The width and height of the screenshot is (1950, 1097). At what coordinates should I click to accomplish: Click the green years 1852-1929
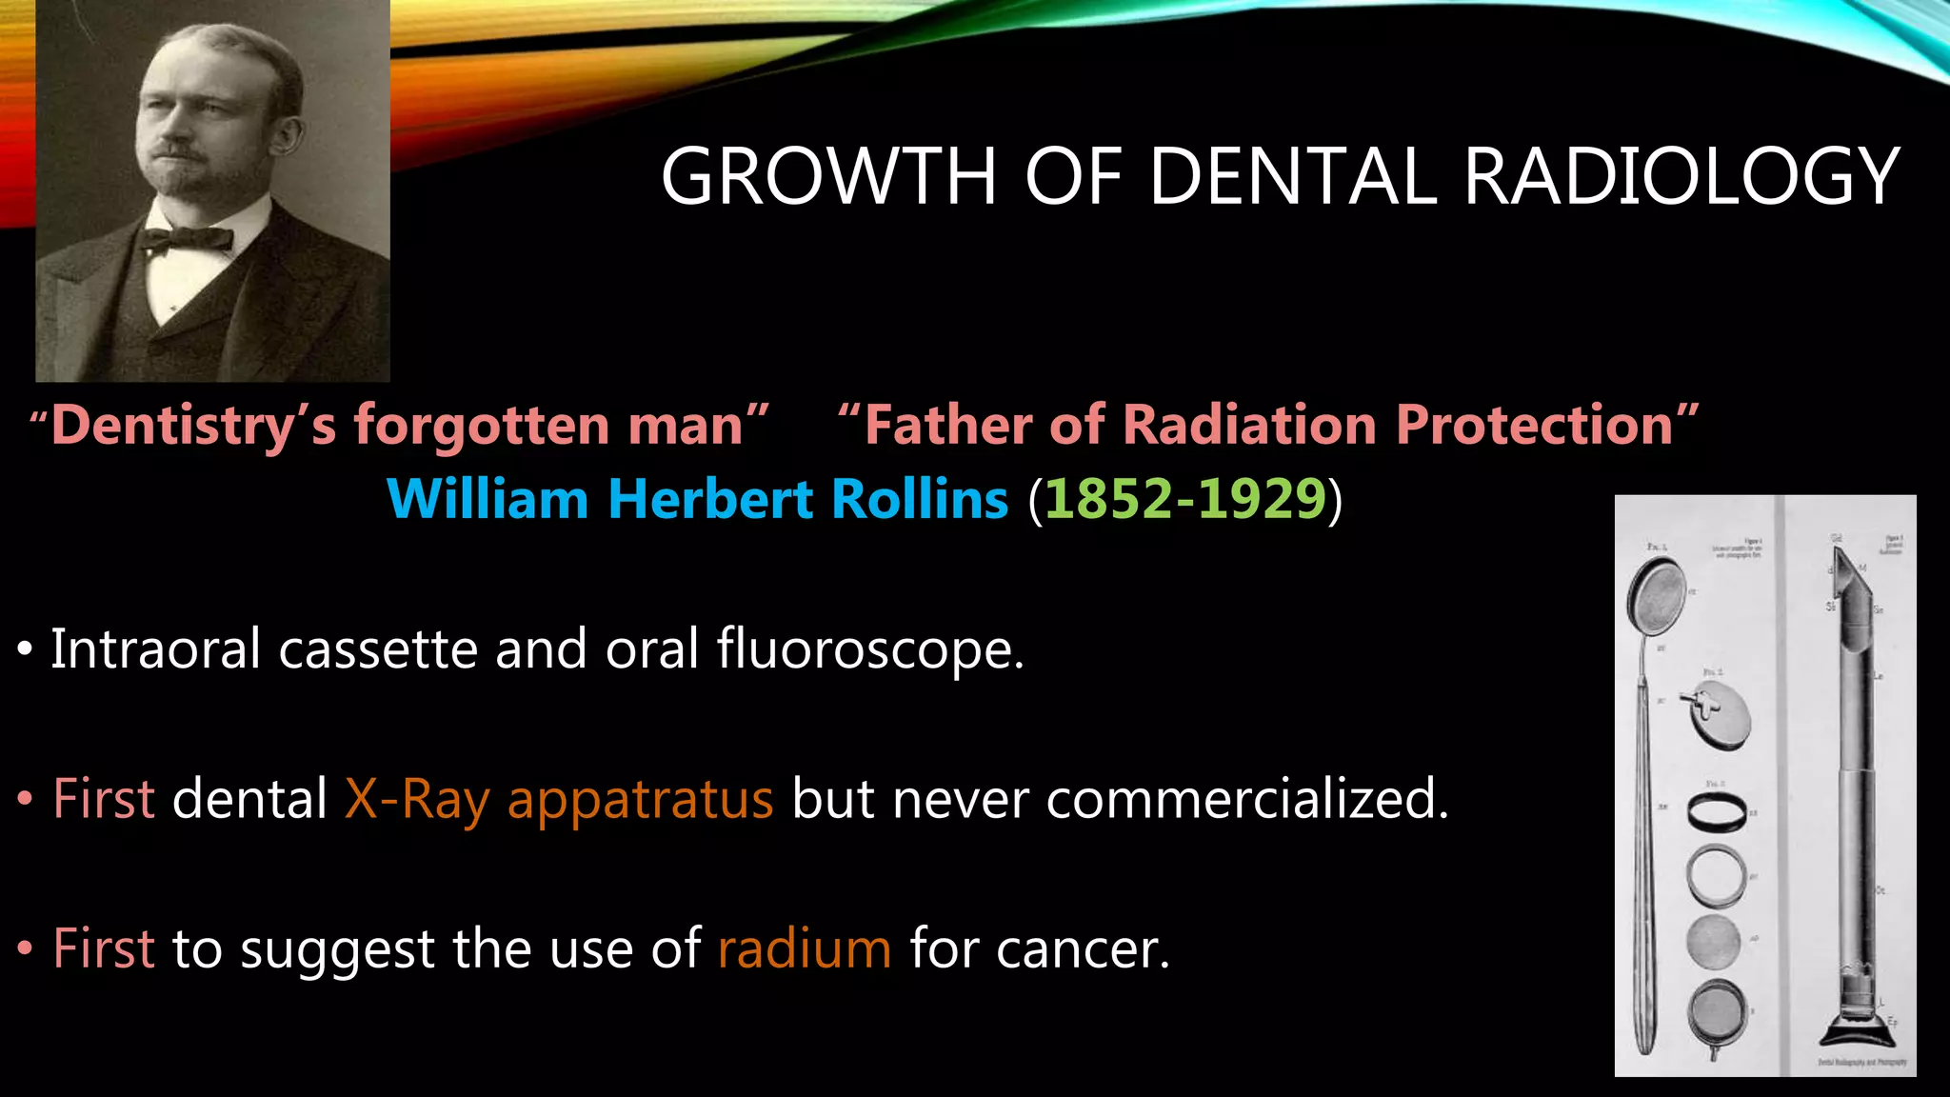(1184, 499)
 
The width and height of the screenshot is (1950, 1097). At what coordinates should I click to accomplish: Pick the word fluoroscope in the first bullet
(869, 649)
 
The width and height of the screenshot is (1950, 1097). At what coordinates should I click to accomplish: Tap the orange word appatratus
(640, 799)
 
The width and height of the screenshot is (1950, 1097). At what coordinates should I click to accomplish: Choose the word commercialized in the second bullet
(1246, 799)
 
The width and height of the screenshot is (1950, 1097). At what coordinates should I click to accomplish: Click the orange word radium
(805, 948)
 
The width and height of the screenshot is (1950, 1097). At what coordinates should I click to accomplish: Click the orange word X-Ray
(417, 799)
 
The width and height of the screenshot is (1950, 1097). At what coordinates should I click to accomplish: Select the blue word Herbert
(708, 499)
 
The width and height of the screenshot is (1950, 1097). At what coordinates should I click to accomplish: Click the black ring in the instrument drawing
(1717, 814)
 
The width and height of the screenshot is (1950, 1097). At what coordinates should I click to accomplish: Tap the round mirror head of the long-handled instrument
(1657, 598)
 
